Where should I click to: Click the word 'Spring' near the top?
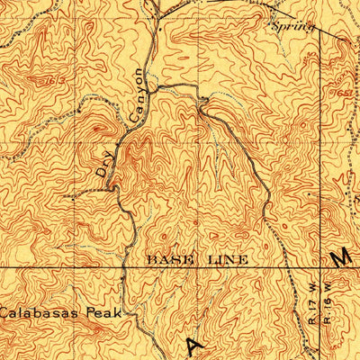point(292,26)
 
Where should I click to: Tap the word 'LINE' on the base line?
point(225,259)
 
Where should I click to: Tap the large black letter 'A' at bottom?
point(193,346)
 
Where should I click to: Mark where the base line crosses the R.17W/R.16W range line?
point(319,267)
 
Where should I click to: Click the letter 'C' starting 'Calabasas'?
point(4,314)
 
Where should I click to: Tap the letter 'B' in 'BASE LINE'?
point(151,259)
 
